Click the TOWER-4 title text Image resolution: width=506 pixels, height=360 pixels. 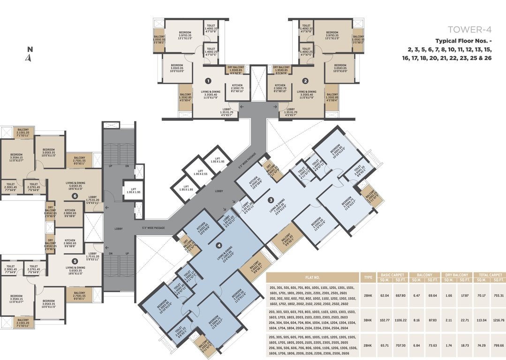point(468,29)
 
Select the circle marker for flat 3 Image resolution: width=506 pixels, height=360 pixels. point(271,200)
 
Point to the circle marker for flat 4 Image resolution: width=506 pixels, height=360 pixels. point(218,244)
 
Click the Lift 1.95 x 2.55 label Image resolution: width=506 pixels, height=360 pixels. point(200,174)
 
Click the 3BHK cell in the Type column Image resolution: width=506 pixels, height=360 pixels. point(368,321)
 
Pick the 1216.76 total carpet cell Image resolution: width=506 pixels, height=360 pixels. point(498,321)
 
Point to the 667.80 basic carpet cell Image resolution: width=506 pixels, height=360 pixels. point(400,295)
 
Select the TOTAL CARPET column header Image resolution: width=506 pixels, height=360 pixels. point(490,274)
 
